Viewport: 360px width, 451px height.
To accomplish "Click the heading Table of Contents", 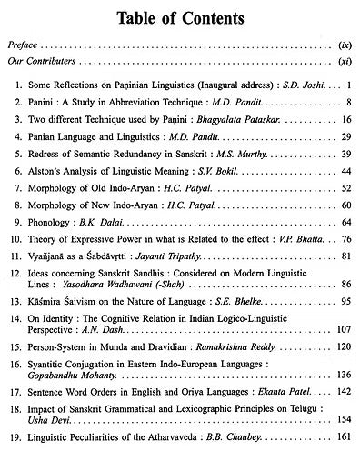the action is tap(180, 16).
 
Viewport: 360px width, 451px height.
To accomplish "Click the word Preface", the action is tap(26, 44).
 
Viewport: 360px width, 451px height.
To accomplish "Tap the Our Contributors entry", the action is tap(45, 64).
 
